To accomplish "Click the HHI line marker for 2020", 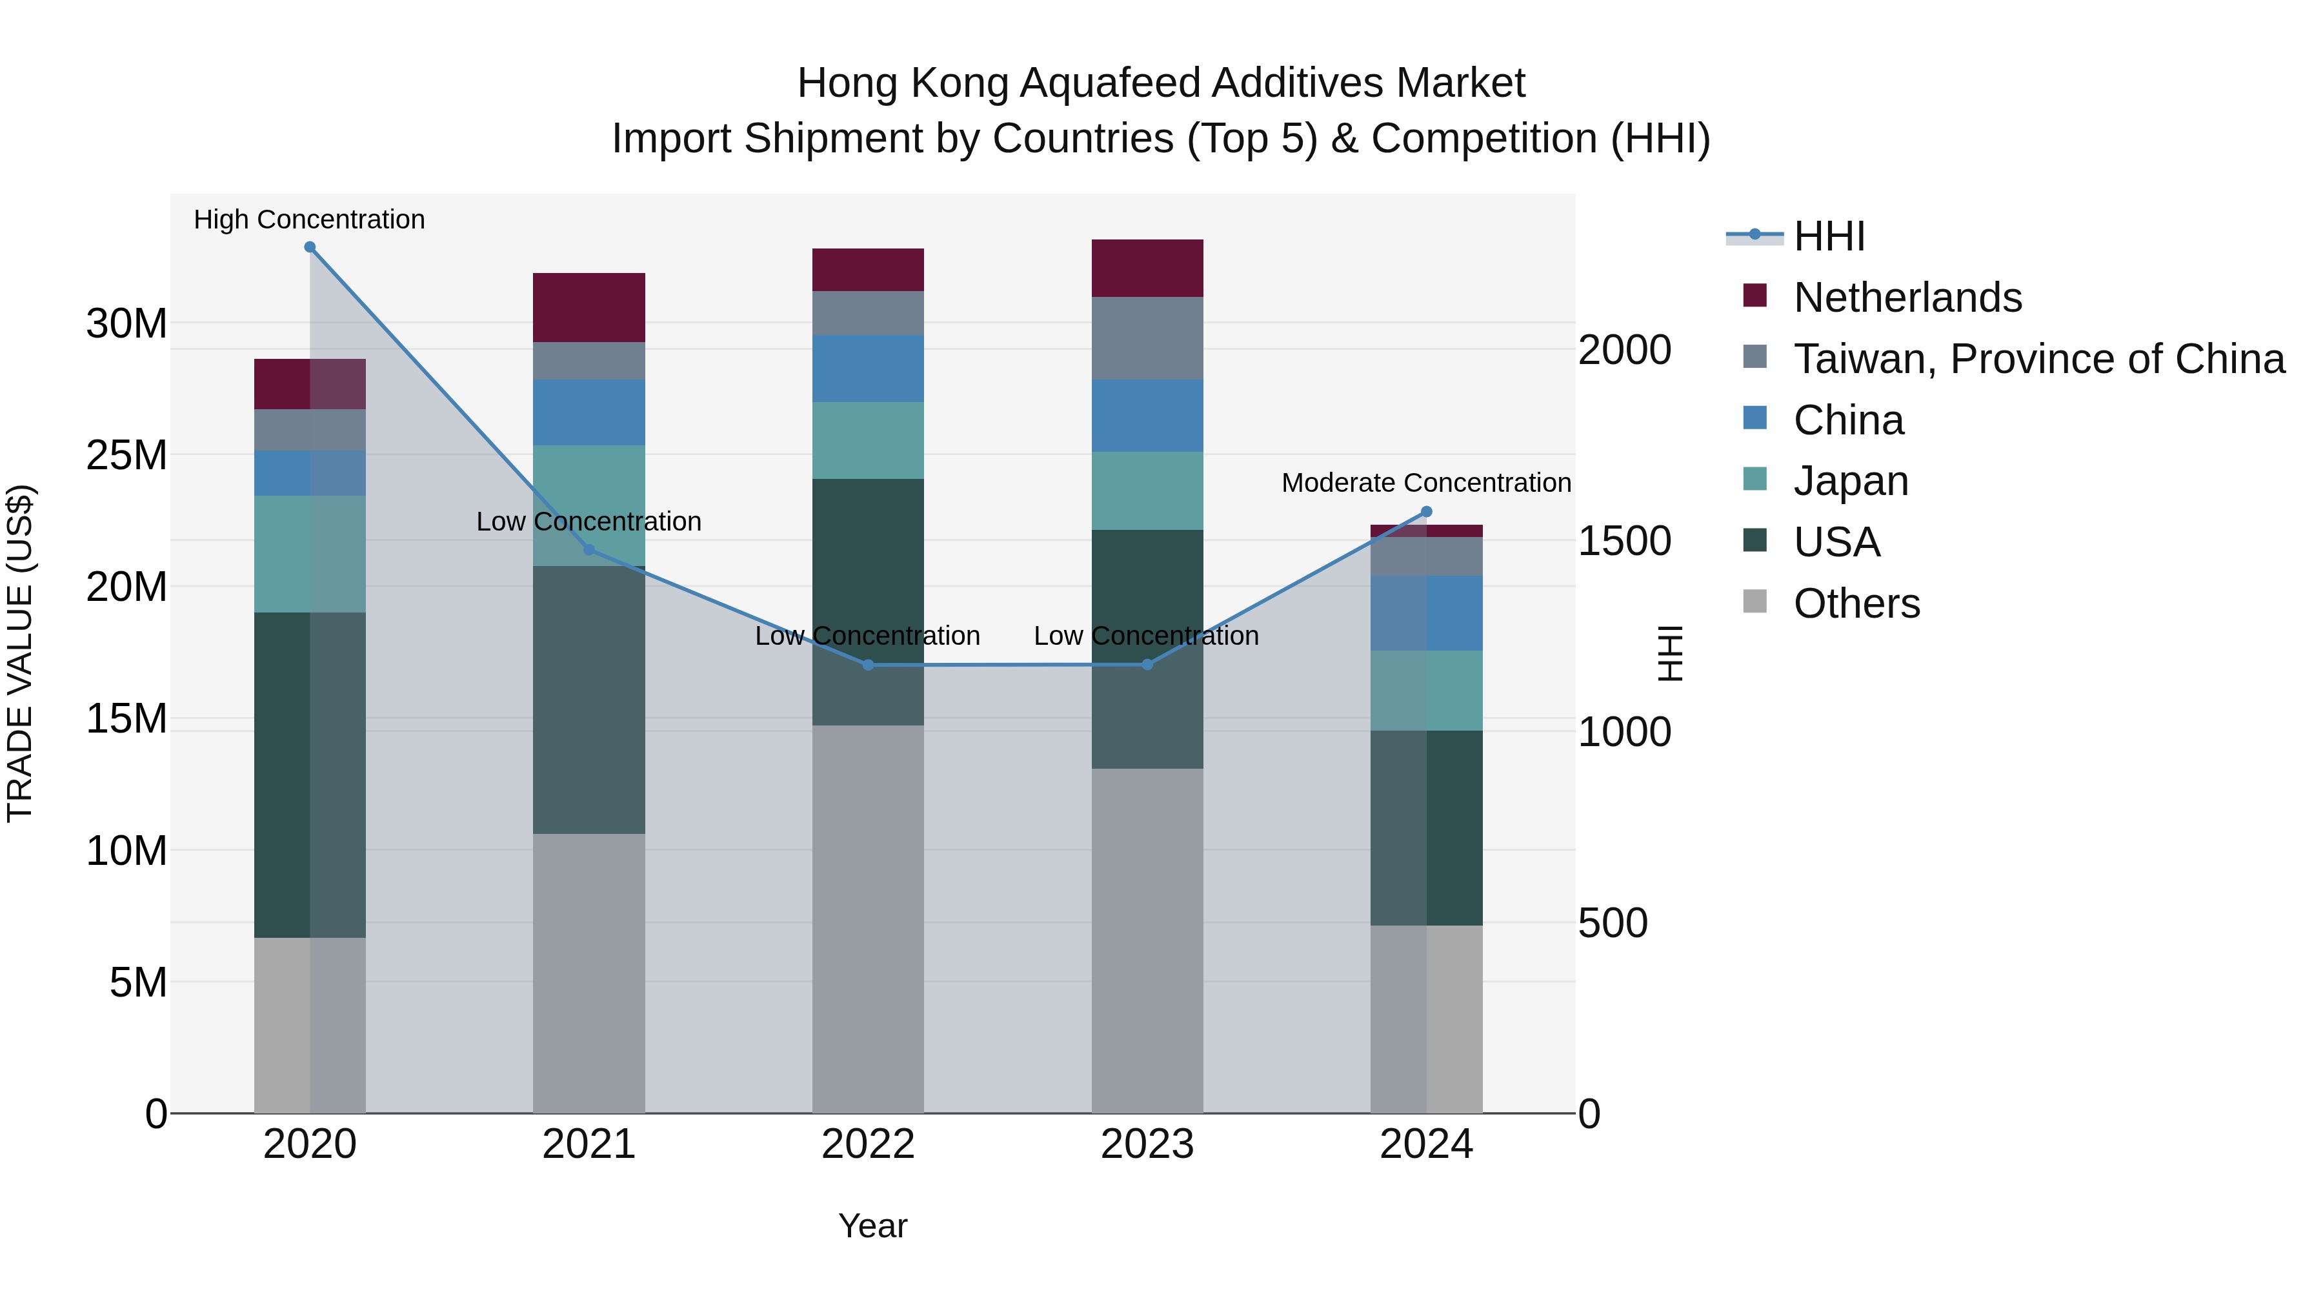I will coord(309,247).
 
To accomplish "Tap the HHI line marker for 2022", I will coord(867,665).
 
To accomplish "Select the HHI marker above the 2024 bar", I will coord(1425,511).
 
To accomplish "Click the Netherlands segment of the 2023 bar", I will coord(1147,268).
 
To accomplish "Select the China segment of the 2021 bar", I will coord(589,412).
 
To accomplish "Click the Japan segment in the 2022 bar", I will coord(867,440).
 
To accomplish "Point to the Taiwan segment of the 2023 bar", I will coord(1147,338).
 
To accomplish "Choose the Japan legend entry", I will coord(1851,481).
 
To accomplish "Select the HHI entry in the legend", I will coord(1829,236).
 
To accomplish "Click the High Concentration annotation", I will coord(309,219).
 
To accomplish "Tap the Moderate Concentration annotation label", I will coord(1425,483).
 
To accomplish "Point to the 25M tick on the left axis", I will coord(126,456).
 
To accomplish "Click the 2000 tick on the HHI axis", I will coord(1624,350).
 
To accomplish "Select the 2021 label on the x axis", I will coord(589,1144).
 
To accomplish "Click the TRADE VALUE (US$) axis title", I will coord(21,653).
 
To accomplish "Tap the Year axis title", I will coord(872,1226).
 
